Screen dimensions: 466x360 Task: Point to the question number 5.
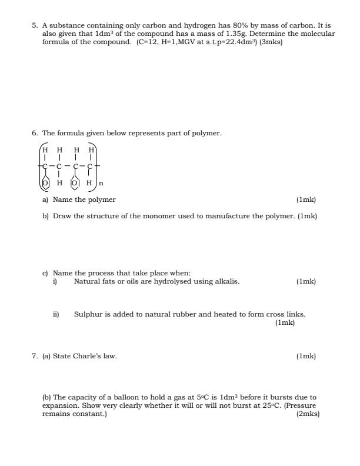[35, 26]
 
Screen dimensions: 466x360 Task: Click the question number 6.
[35, 134]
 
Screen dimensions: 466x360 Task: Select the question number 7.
[35, 356]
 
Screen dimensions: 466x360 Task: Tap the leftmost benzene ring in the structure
[45, 183]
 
